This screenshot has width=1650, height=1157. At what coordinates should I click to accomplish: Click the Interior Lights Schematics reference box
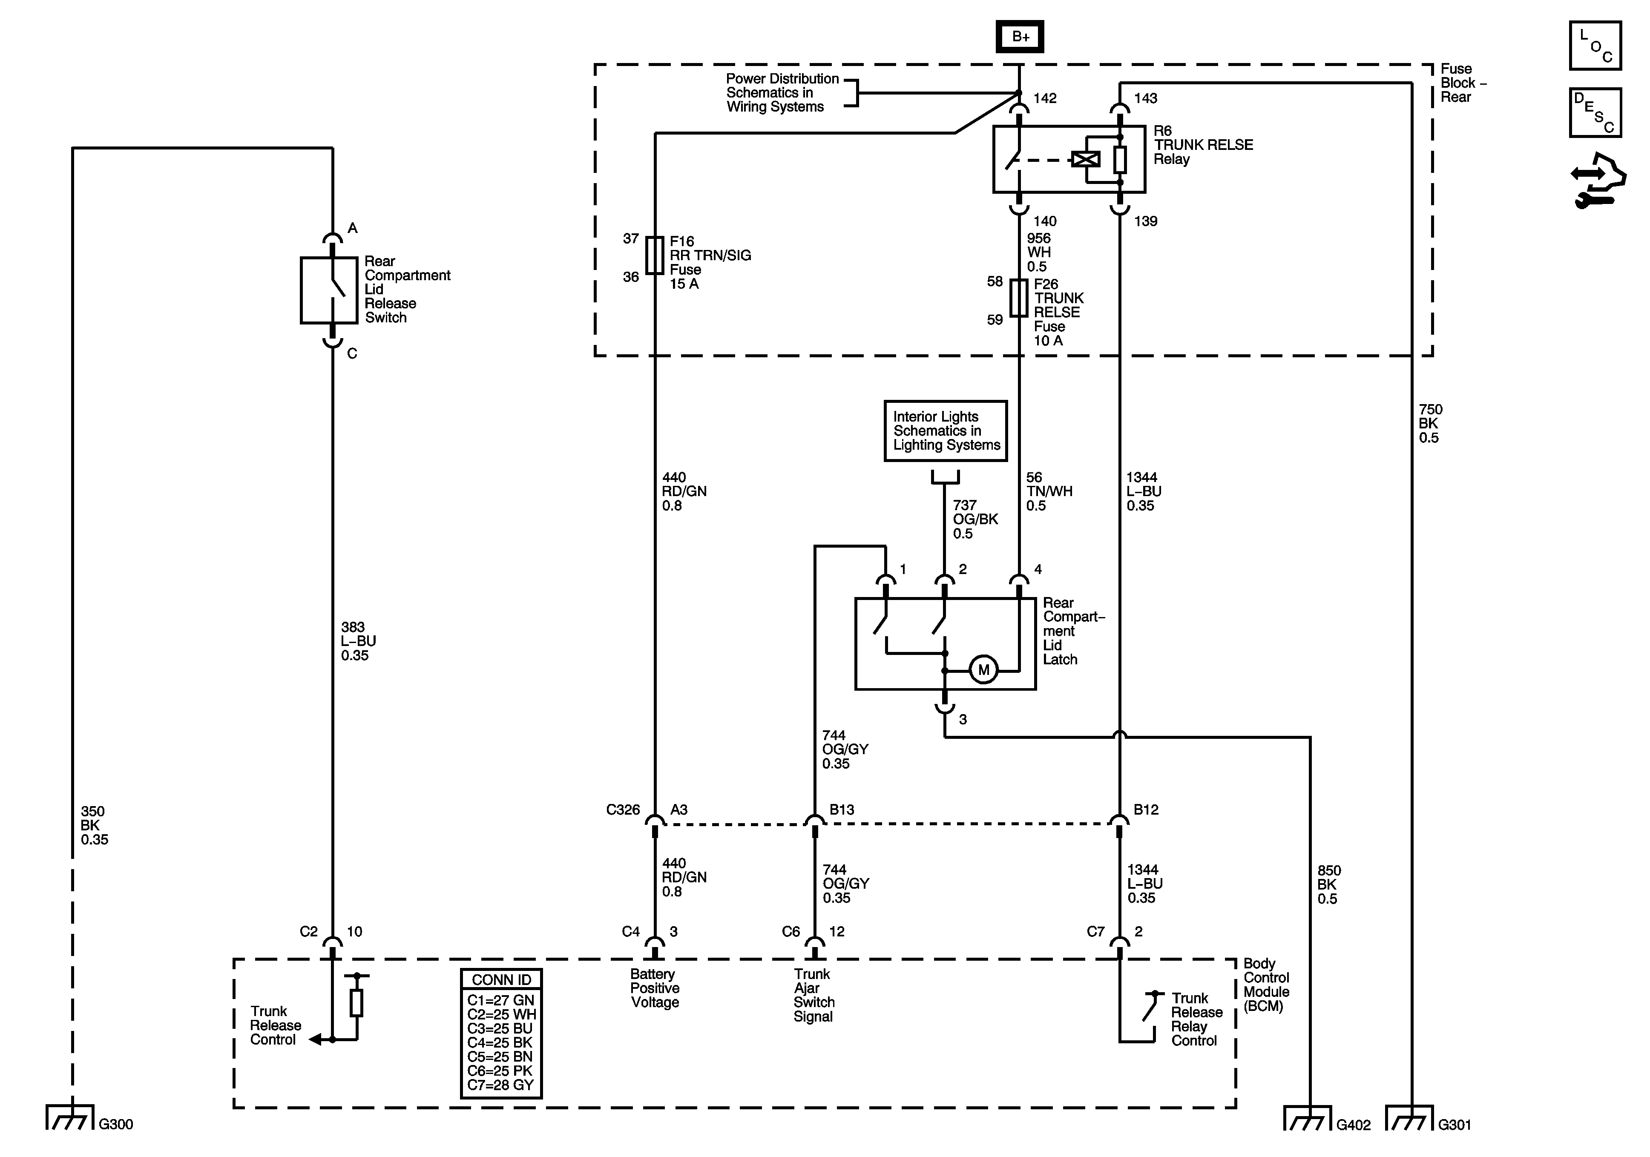coord(945,431)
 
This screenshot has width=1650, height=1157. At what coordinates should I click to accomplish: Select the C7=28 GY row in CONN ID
coord(501,1085)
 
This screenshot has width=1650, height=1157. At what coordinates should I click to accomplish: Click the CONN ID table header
coord(501,979)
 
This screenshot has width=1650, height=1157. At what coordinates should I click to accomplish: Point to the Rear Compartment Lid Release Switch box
coord(329,290)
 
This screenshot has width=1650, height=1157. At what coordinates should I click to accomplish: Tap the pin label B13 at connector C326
coord(842,810)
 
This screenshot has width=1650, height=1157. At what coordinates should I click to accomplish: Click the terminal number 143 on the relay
coord(1146,98)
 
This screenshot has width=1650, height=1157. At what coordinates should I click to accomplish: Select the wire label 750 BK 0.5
coord(1430,423)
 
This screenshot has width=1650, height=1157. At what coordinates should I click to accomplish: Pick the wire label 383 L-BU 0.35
coord(358,641)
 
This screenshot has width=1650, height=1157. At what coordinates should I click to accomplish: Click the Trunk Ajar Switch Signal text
coord(814,995)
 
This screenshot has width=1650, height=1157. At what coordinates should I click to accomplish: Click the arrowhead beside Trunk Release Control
coord(315,1039)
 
